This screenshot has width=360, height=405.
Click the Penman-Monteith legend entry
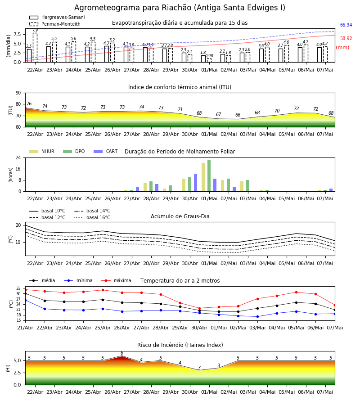click(55, 24)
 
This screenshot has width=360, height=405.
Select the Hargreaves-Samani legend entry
click(57, 17)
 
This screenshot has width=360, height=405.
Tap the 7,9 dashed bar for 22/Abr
click(35, 48)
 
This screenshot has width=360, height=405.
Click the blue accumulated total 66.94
click(346, 25)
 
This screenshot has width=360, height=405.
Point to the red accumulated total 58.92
click(346, 38)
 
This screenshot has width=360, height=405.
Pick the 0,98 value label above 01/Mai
click(209, 55)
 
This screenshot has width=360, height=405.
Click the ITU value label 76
click(29, 103)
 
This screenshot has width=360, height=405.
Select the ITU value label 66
click(238, 115)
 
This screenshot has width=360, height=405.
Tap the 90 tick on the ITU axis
click(18, 93)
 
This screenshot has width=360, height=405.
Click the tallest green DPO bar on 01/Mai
click(209, 176)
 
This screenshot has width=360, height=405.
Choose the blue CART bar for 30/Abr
click(195, 183)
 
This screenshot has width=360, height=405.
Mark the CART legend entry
click(106, 151)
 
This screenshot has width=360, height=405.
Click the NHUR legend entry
click(42, 151)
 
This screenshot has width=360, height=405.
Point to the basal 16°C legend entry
click(92, 217)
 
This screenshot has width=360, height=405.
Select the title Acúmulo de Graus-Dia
click(180, 216)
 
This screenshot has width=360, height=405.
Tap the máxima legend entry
click(116, 280)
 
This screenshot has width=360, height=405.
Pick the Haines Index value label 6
click(122, 353)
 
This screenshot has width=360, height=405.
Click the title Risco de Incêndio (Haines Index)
click(180, 345)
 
